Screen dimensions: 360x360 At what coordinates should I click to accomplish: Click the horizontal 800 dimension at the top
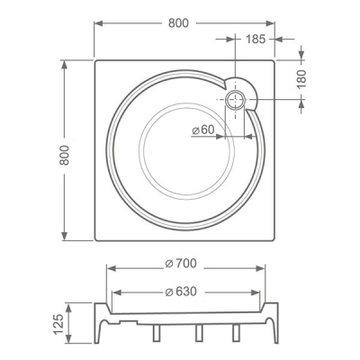[178, 23]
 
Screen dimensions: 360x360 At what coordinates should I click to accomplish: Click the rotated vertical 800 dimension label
[64, 155]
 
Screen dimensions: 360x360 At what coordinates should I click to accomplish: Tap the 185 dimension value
[256, 39]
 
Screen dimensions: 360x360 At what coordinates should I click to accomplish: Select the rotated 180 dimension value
[301, 78]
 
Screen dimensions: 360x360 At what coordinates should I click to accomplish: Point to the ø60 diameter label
[203, 130]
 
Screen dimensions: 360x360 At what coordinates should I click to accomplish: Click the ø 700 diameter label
[181, 264]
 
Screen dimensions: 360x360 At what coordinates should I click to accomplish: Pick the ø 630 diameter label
[181, 292]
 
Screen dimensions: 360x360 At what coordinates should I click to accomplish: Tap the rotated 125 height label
[58, 324]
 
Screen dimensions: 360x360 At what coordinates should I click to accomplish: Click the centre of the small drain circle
[235, 100]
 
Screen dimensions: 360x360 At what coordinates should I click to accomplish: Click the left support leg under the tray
[157, 333]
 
